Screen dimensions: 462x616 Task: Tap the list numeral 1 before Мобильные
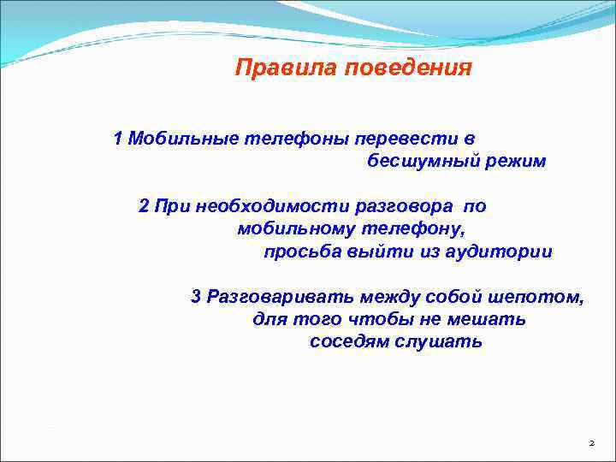[118, 138]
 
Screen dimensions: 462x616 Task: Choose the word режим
[512, 161]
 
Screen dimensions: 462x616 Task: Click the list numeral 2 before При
[144, 206]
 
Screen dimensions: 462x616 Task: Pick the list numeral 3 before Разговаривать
[196, 297]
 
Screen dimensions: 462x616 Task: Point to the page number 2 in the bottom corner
[590, 443]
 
